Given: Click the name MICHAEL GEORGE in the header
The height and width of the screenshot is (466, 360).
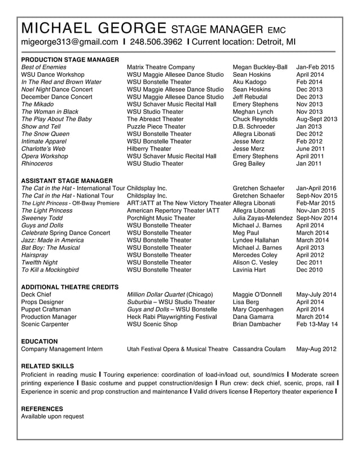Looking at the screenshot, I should click(x=93, y=28).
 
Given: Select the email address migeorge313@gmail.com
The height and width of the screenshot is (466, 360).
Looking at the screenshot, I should click(x=69, y=42).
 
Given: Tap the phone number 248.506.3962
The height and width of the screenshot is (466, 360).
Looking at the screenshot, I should click(x=156, y=42).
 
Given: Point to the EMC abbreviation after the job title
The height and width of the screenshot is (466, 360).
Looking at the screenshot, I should click(x=276, y=30).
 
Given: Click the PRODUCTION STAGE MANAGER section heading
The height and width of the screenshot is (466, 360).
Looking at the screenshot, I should click(x=70, y=59).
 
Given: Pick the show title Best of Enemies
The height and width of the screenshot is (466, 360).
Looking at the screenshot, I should click(x=43, y=67).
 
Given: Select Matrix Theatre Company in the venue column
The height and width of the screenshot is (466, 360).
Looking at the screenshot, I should click(x=161, y=67).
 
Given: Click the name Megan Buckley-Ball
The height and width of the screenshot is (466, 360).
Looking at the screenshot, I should click(x=260, y=67).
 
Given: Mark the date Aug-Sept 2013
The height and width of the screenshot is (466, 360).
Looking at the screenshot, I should click(x=316, y=119).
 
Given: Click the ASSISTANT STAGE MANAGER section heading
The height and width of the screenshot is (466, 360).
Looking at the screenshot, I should click(x=67, y=181).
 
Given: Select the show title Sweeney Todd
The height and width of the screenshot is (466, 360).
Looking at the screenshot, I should click(x=42, y=218).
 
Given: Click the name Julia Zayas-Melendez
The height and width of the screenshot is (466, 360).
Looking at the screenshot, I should click(x=262, y=218).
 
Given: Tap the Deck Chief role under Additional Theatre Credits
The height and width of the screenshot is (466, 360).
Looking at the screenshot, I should click(x=36, y=294).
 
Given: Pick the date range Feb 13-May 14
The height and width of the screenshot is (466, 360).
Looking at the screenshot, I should click(x=317, y=324).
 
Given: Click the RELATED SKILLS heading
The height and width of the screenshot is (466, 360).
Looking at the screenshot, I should click(x=47, y=366).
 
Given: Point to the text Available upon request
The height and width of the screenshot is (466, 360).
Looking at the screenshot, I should click(x=52, y=416).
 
